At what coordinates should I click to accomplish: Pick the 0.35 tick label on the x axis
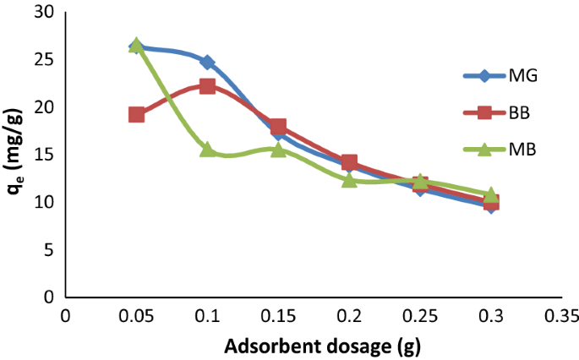click(560, 316)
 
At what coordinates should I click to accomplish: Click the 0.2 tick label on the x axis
click(349, 316)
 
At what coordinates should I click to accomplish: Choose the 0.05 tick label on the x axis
click(136, 316)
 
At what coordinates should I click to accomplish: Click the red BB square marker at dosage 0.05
click(136, 114)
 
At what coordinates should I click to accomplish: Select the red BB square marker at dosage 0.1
click(207, 86)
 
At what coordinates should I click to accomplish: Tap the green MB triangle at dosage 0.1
click(207, 150)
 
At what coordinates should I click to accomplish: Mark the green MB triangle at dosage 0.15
click(278, 150)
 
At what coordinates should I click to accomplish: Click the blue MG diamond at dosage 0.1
click(207, 63)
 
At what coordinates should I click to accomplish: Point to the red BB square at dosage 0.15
click(278, 128)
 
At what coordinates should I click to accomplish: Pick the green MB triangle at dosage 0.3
click(490, 195)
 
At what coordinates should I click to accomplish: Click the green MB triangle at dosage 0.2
click(349, 180)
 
